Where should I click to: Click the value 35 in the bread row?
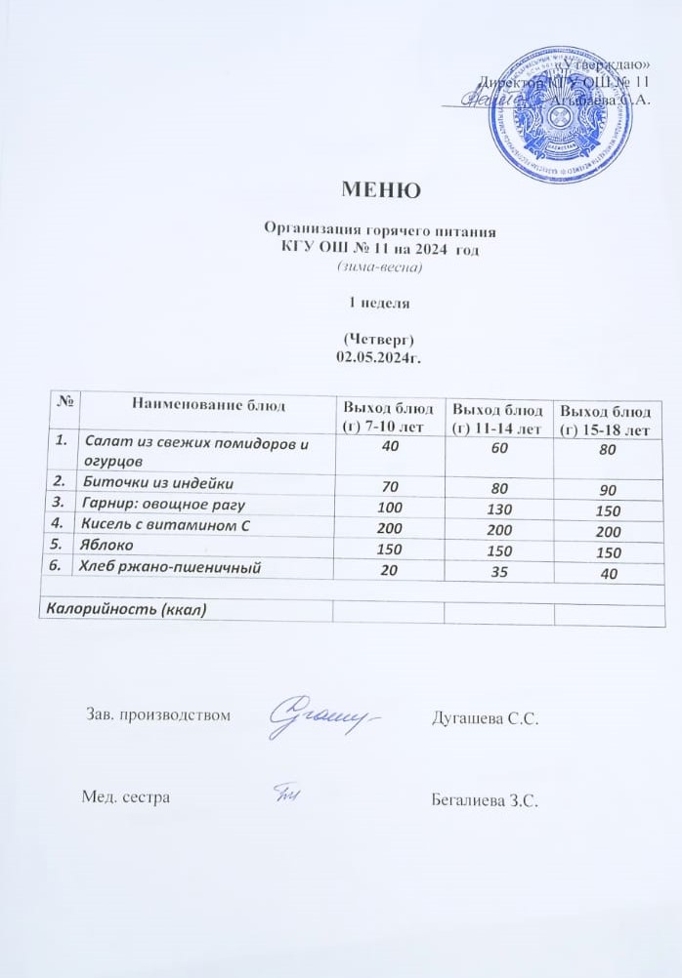click(x=497, y=570)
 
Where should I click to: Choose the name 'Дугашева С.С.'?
click(x=486, y=718)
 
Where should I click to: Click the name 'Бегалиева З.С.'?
click(x=486, y=799)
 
